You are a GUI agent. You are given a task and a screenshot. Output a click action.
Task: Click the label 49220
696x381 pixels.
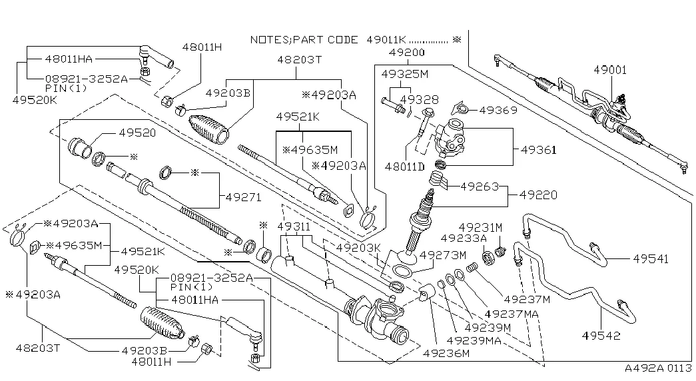click(x=538, y=195)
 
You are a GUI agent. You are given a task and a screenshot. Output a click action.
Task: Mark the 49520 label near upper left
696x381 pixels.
click(x=137, y=133)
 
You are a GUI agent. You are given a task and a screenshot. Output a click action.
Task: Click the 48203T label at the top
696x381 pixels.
click(x=300, y=60)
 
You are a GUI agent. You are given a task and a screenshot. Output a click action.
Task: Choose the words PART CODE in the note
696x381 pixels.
click(x=328, y=40)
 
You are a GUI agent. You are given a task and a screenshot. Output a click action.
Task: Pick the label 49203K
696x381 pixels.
click(x=358, y=248)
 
